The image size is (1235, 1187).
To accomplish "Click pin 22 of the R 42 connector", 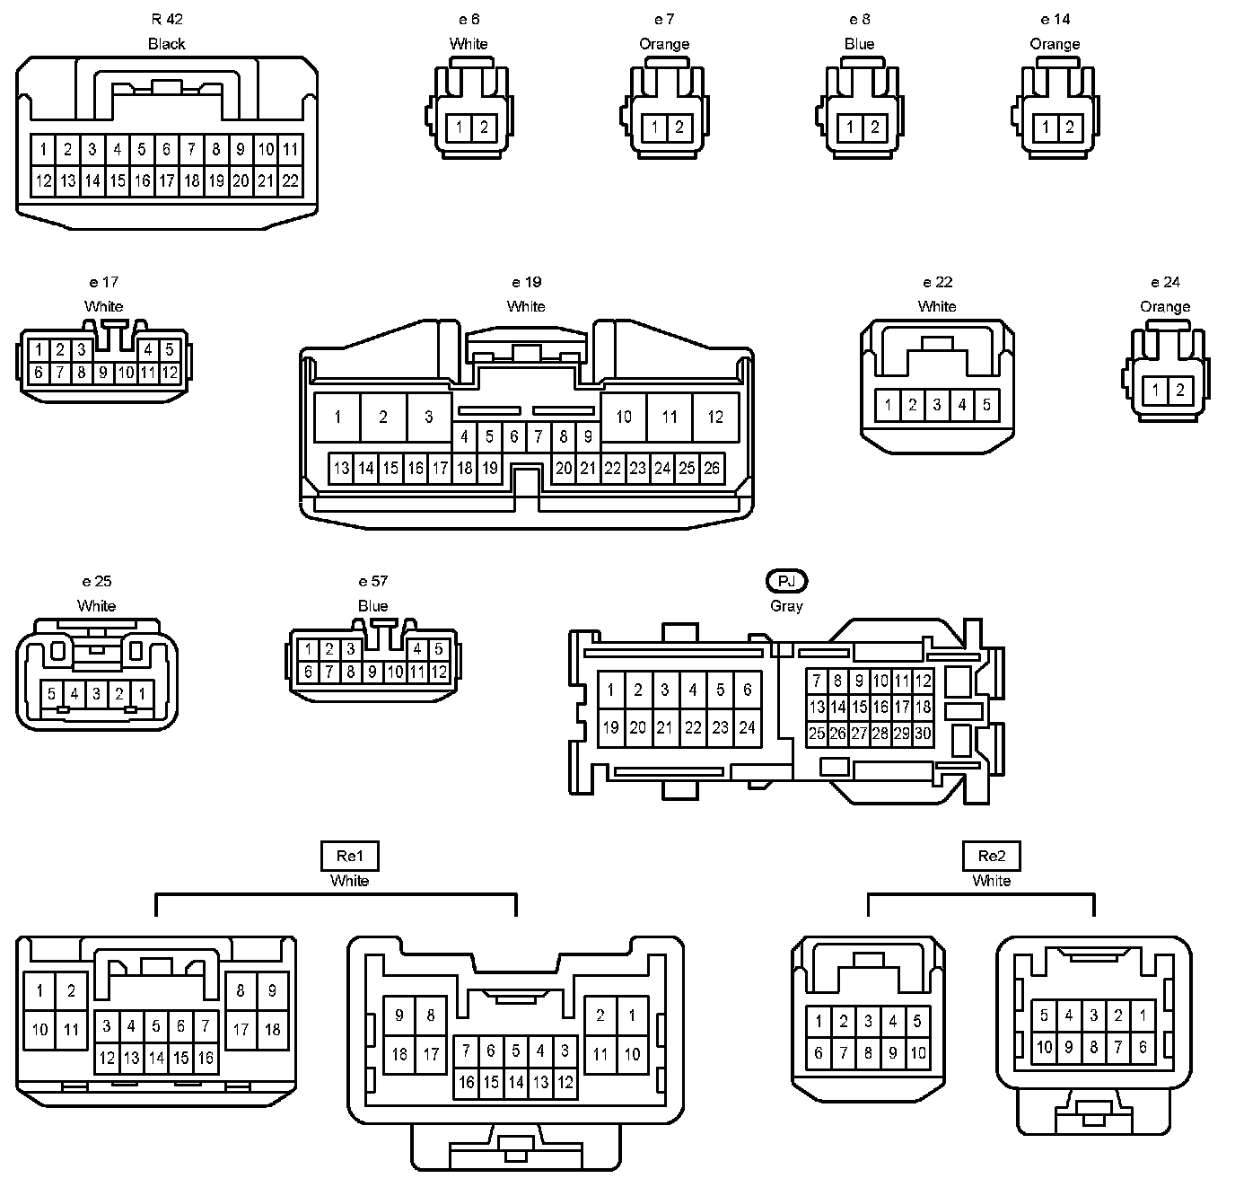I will [x=290, y=180].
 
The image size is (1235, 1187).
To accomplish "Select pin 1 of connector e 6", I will [x=459, y=127].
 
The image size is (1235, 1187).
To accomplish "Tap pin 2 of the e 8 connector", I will [x=874, y=127].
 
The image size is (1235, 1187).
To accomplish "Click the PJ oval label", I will [x=786, y=581].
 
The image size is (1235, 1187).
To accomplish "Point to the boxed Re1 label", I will [x=349, y=856].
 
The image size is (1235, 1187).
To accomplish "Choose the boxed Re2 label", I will [x=991, y=856].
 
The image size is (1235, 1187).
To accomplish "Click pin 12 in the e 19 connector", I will [x=715, y=417].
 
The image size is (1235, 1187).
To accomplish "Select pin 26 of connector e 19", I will [x=712, y=468].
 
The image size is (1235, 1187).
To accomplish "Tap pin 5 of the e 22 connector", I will [x=985, y=405].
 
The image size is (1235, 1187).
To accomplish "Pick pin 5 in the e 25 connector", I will [x=52, y=694].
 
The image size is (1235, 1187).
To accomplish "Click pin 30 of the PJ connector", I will [x=923, y=734].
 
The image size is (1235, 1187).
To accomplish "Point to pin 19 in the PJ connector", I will [x=611, y=727].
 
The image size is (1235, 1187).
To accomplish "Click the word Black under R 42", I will [x=167, y=44].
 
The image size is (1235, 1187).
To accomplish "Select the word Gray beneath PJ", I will [x=786, y=606].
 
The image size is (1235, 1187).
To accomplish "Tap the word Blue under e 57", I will [x=372, y=606].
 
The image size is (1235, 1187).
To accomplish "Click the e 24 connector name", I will [x=1165, y=282].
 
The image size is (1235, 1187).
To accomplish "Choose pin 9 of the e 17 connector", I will [x=103, y=372].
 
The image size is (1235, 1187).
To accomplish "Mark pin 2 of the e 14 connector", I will [x=1069, y=127].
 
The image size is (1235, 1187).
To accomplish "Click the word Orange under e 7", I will [x=664, y=44].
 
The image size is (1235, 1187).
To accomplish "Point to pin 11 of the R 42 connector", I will [x=290, y=149].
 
